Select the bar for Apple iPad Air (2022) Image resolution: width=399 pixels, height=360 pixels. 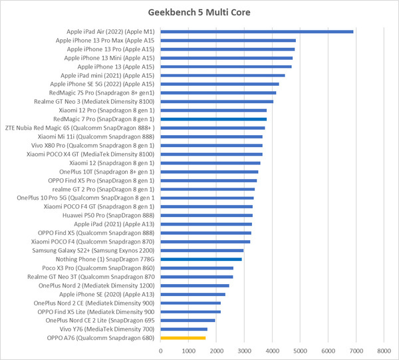coord(256,31)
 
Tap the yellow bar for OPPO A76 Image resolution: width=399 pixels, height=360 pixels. coord(183,337)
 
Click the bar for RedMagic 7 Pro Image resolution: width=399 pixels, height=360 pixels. coord(213,119)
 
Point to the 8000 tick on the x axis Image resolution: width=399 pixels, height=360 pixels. coord(383,350)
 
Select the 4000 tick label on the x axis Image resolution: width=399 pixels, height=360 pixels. coord(271,350)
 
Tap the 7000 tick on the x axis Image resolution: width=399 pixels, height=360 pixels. coord(355,350)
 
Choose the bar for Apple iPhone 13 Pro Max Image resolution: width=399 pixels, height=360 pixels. coord(227,41)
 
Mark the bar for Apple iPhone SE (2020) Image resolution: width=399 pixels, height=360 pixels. coord(193,294)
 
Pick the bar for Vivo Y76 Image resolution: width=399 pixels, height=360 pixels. coord(184,329)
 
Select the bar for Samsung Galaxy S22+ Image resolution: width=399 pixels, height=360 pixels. coord(201,250)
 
